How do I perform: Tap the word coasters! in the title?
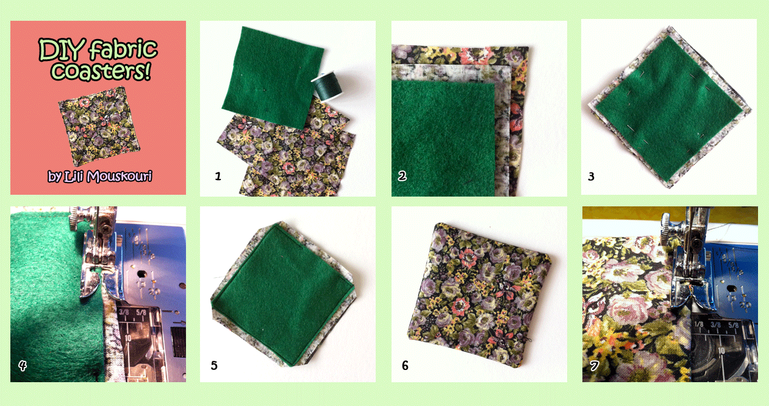pyautogui.click(x=101, y=71)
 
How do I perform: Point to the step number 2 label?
pyautogui.click(x=402, y=176)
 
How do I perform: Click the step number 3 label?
pyautogui.click(x=591, y=176)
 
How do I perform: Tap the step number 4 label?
pyautogui.click(x=23, y=366)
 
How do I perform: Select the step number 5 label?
pyautogui.click(x=214, y=366)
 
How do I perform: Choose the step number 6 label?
pyautogui.click(x=405, y=366)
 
